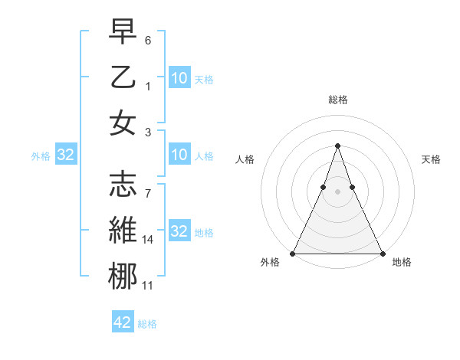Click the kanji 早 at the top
click(123, 32)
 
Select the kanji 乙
click(123, 77)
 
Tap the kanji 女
click(123, 123)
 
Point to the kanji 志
click(123, 184)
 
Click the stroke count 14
click(148, 240)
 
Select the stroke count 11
click(148, 285)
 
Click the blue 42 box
click(123, 322)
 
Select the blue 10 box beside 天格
click(179, 77)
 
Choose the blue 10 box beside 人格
click(179, 155)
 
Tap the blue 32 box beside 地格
click(179, 231)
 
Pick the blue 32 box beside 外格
click(66, 155)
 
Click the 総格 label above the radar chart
click(337, 100)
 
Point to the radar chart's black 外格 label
click(270, 263)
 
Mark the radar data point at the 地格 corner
click(382, 254)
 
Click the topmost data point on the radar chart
click(337, 146)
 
